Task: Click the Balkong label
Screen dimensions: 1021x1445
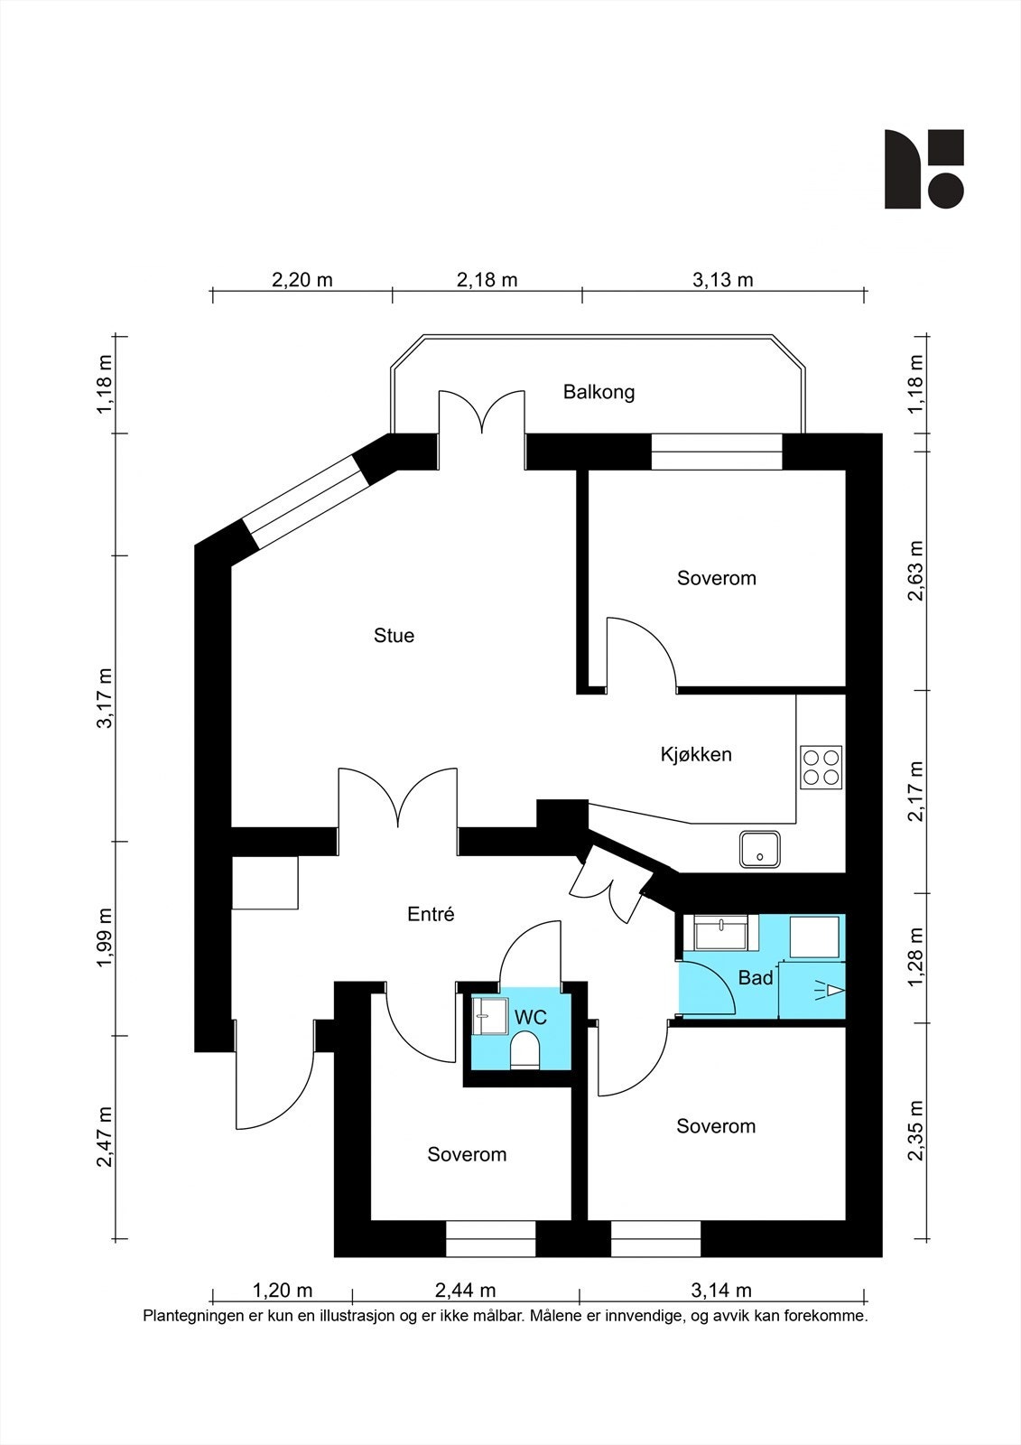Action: coord(599,392)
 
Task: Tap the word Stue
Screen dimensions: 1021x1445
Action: coord(394,636)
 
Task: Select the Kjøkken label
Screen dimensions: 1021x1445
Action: coord(696,754)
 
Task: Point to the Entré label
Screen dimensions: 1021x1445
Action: coord(431,914)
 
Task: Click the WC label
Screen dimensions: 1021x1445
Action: coord(530,1018)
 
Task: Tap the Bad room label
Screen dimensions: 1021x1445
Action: coord(756,978)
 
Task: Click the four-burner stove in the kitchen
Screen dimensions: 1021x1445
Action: coord(821,767)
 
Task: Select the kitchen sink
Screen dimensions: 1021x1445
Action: coord(760,849)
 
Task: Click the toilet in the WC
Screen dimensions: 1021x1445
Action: coord(524,1049)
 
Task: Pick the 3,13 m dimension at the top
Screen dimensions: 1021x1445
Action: coord(722,280)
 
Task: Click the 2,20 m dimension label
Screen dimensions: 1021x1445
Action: coord(302,280)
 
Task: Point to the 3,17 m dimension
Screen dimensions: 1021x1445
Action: coord(105,699)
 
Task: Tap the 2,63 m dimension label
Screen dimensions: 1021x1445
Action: coord(915,571)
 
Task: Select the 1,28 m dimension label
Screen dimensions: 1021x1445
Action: coord(915,957)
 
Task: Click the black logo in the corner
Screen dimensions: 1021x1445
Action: coord(924,169)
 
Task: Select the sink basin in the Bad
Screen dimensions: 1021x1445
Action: coord(721,933)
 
